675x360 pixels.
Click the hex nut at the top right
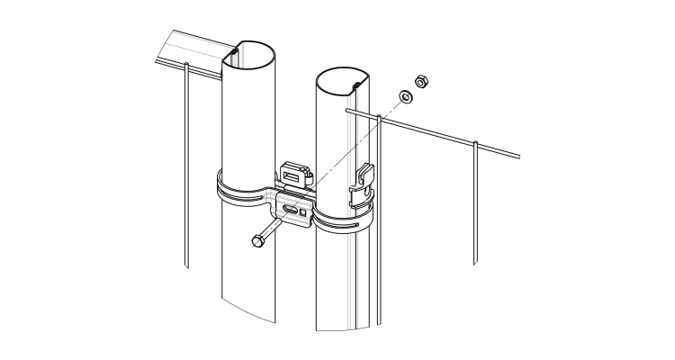(418, 83)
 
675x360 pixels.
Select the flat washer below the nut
(405, 96)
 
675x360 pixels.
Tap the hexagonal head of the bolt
(258, 241)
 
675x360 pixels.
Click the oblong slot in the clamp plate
(293, 212)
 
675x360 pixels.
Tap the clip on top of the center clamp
(294, 171)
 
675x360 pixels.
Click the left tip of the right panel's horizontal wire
(348, 111)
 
